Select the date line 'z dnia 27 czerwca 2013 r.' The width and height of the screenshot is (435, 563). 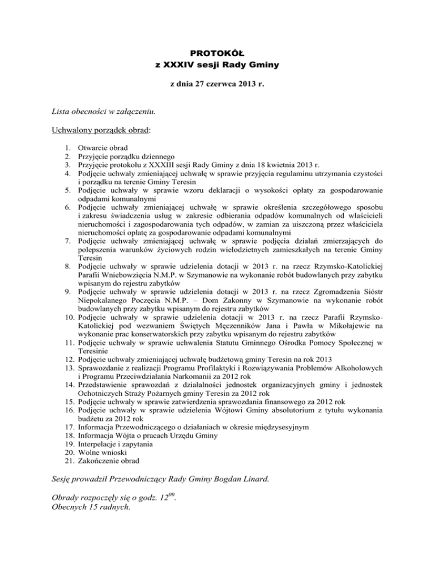(x=217, y=84)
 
